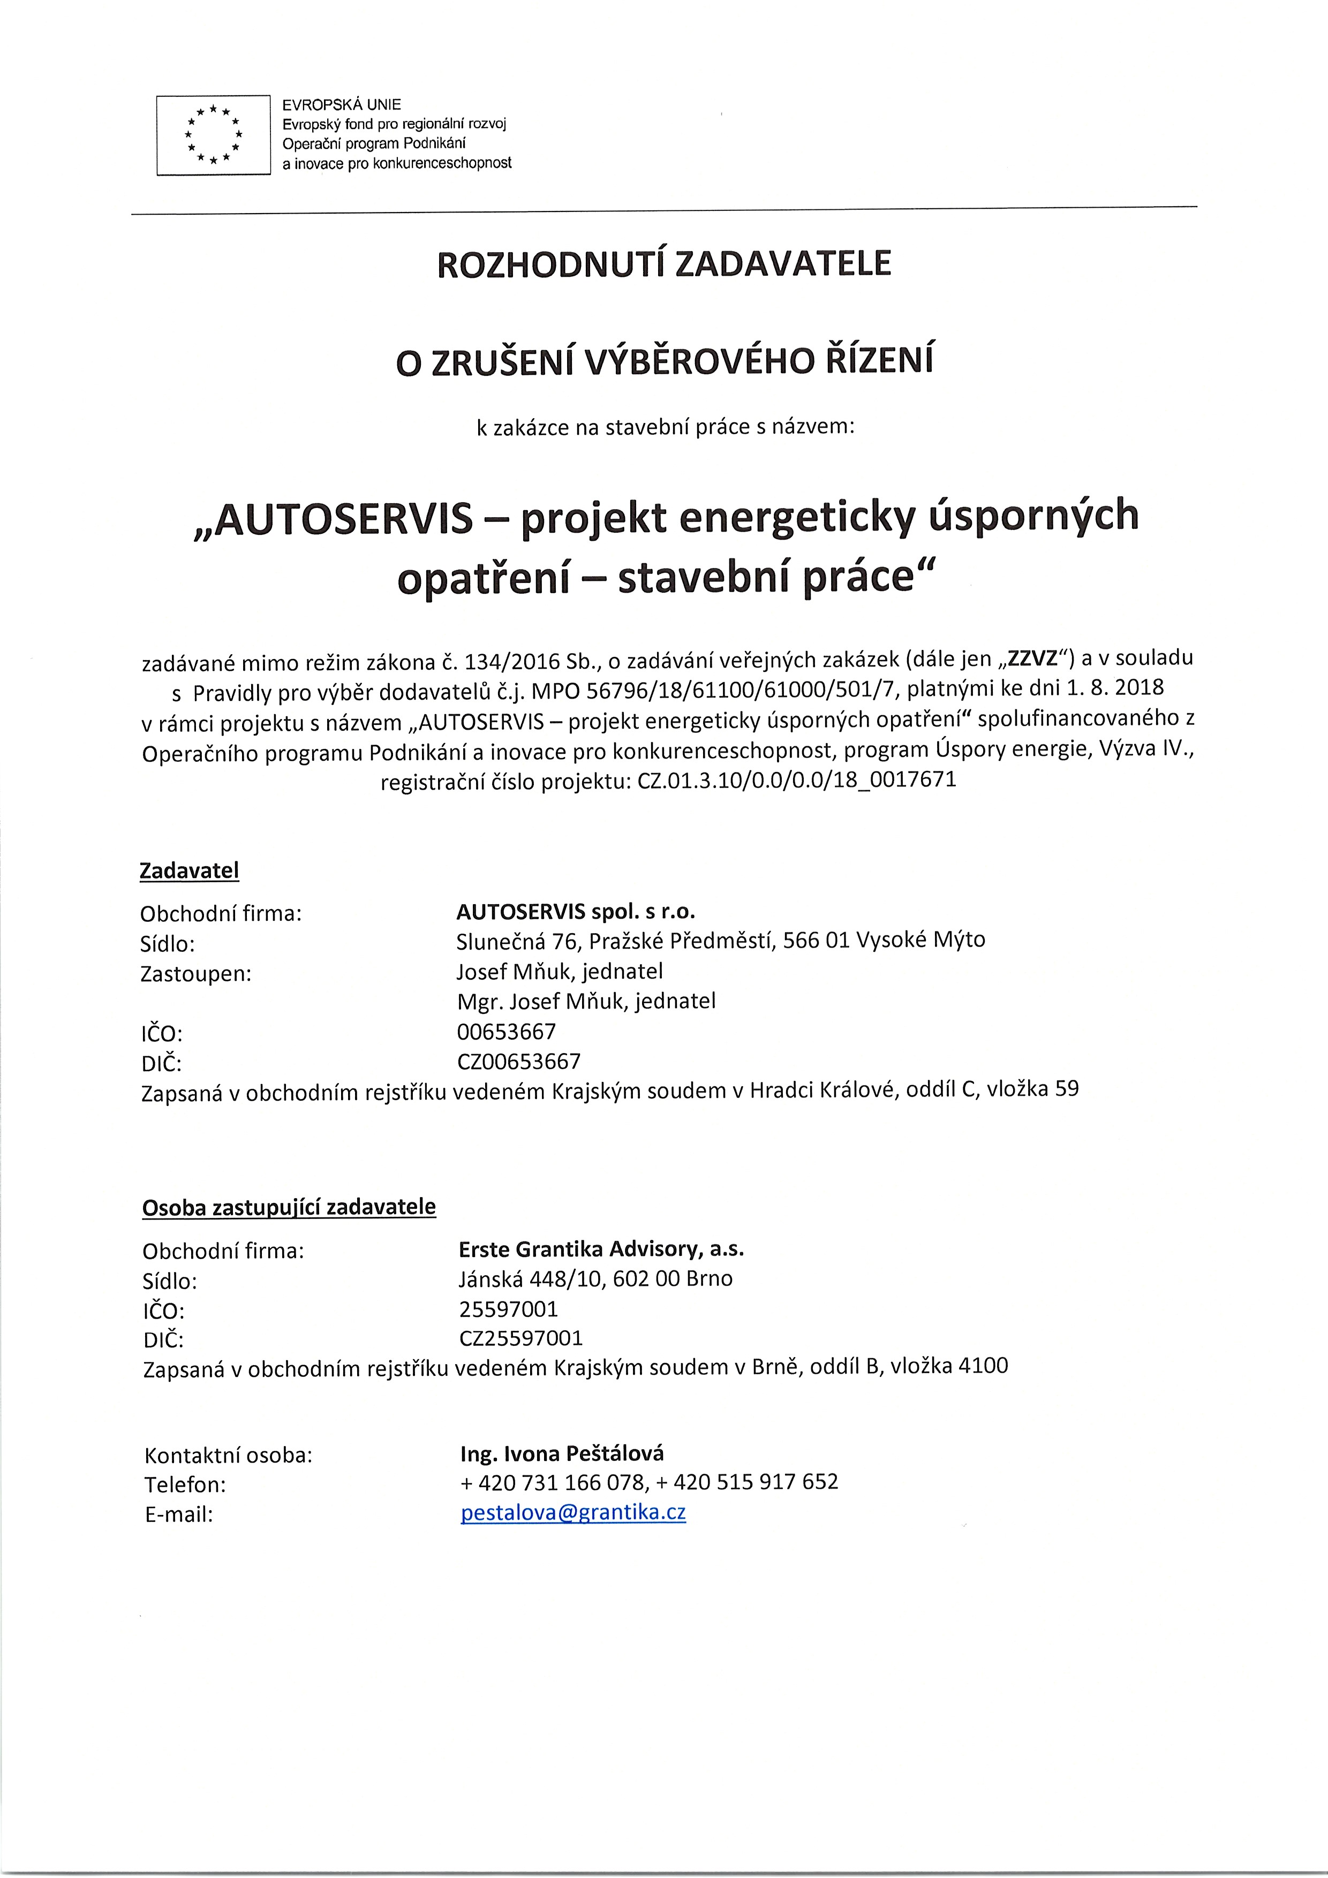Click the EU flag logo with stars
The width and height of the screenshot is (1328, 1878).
coord(213,135)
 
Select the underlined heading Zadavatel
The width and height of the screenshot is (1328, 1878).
coord(189,870)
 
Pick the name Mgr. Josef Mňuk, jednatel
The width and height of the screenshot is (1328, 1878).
coord(586,1001)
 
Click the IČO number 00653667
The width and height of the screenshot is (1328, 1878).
coord(507,1032)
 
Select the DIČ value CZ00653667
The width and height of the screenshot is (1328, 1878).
coord(519,1062)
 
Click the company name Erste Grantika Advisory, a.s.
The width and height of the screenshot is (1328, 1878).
coord(601,1249)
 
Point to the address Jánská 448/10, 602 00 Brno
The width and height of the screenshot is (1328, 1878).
coord(595,1278)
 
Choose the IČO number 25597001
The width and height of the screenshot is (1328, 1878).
coord(508,1309)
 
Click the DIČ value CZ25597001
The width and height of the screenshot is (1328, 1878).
coord(521,1338)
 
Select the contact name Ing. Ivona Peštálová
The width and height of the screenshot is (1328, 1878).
coord(562,1453)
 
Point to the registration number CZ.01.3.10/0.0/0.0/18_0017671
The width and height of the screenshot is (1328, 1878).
coord(796,781)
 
